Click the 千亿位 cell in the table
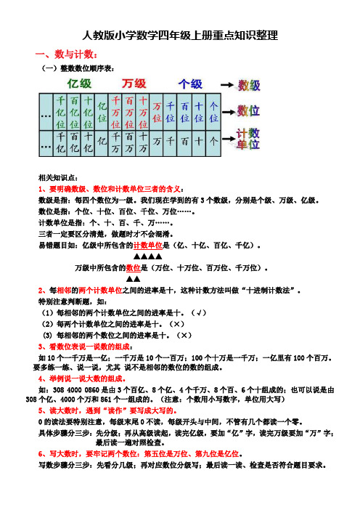point(61,112)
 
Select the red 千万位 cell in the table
point(115,112)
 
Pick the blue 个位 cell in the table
point(213,112)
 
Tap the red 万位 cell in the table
point(157,112)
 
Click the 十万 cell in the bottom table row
point(143,143)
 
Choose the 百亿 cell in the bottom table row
point(75,143)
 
